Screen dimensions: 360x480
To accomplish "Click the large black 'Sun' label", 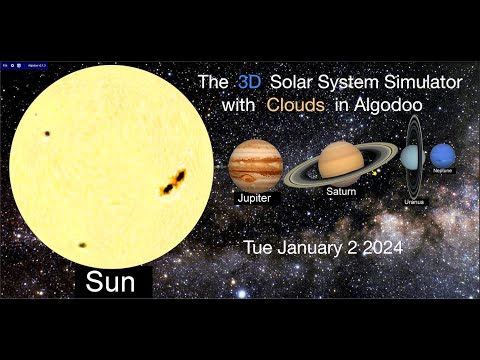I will [x=110, y=282].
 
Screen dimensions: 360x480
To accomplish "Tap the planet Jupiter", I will [x=255, y=165].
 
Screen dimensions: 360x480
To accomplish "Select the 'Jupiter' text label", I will [x=254, y=199].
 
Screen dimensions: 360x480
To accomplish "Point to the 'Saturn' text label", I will [x=341, y=191].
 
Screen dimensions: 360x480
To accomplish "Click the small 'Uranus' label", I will [x=414, y=202].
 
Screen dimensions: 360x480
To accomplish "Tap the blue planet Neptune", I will [x=442, y=156].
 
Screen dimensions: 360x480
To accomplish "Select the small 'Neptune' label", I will [x=443, y=171].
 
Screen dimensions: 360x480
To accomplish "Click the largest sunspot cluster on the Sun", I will [x=174, y=182].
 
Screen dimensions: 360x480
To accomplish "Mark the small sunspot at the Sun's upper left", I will [x=47, y=132].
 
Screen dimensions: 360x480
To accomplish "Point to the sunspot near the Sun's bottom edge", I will [x=82, y=244].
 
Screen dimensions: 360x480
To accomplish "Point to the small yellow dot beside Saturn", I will [x=373, y=172].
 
